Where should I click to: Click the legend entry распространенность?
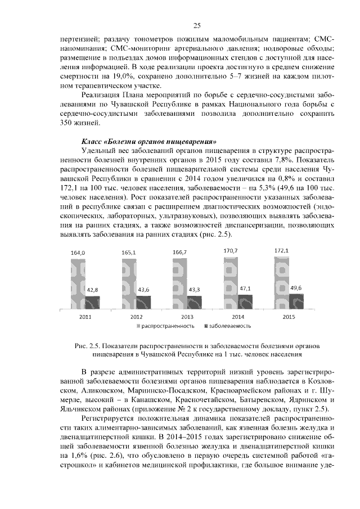[167, 326]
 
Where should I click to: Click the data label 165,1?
[129, 253]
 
